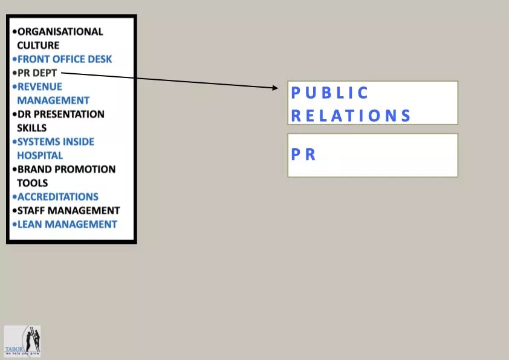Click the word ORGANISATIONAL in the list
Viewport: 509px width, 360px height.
(x=60, y=31)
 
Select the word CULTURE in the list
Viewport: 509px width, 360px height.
(x=38, y=45)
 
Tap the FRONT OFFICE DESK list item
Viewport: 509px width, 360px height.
(x=65, y=59)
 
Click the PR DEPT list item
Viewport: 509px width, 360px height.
(x=37, y=73)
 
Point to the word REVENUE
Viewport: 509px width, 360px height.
(x=40, y=87)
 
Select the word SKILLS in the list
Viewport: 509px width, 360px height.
(x=32, y=128)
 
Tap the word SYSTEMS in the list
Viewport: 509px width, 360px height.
(x=41, y=142)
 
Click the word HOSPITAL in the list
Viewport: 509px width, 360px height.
(x=40, y=155)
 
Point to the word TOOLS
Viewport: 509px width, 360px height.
(x=33, y=183)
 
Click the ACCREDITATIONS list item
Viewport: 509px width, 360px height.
(x=57, y=197)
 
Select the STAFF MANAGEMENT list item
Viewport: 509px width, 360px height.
(x=68, y=211)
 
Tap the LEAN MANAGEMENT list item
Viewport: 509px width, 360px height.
(x=67, y=224)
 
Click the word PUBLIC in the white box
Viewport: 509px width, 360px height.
(x=330, y=93)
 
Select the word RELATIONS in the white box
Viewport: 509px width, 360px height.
(x=351, y=116)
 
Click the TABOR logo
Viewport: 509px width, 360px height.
(x=22, y=341)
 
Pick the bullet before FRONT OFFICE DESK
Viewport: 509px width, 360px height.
(x=14, y=59)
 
